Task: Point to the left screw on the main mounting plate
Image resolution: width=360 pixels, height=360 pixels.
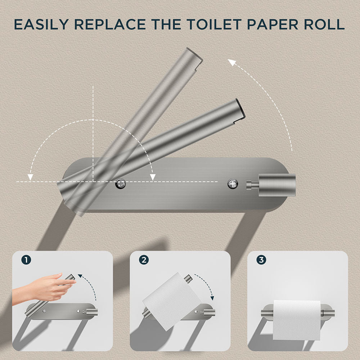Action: point(120,184)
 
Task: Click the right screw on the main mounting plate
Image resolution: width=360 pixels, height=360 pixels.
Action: point(233,184)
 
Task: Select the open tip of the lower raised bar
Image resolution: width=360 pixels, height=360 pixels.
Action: point(239,108)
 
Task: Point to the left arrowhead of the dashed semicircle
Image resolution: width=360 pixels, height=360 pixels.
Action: point(31,176)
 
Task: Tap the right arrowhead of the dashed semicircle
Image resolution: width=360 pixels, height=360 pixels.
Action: point(153,176)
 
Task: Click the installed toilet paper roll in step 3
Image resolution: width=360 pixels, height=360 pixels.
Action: point(297,320)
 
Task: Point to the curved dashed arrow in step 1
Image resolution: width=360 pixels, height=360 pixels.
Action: point(90,286)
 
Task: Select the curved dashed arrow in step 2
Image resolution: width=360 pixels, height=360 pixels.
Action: point(207,286)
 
